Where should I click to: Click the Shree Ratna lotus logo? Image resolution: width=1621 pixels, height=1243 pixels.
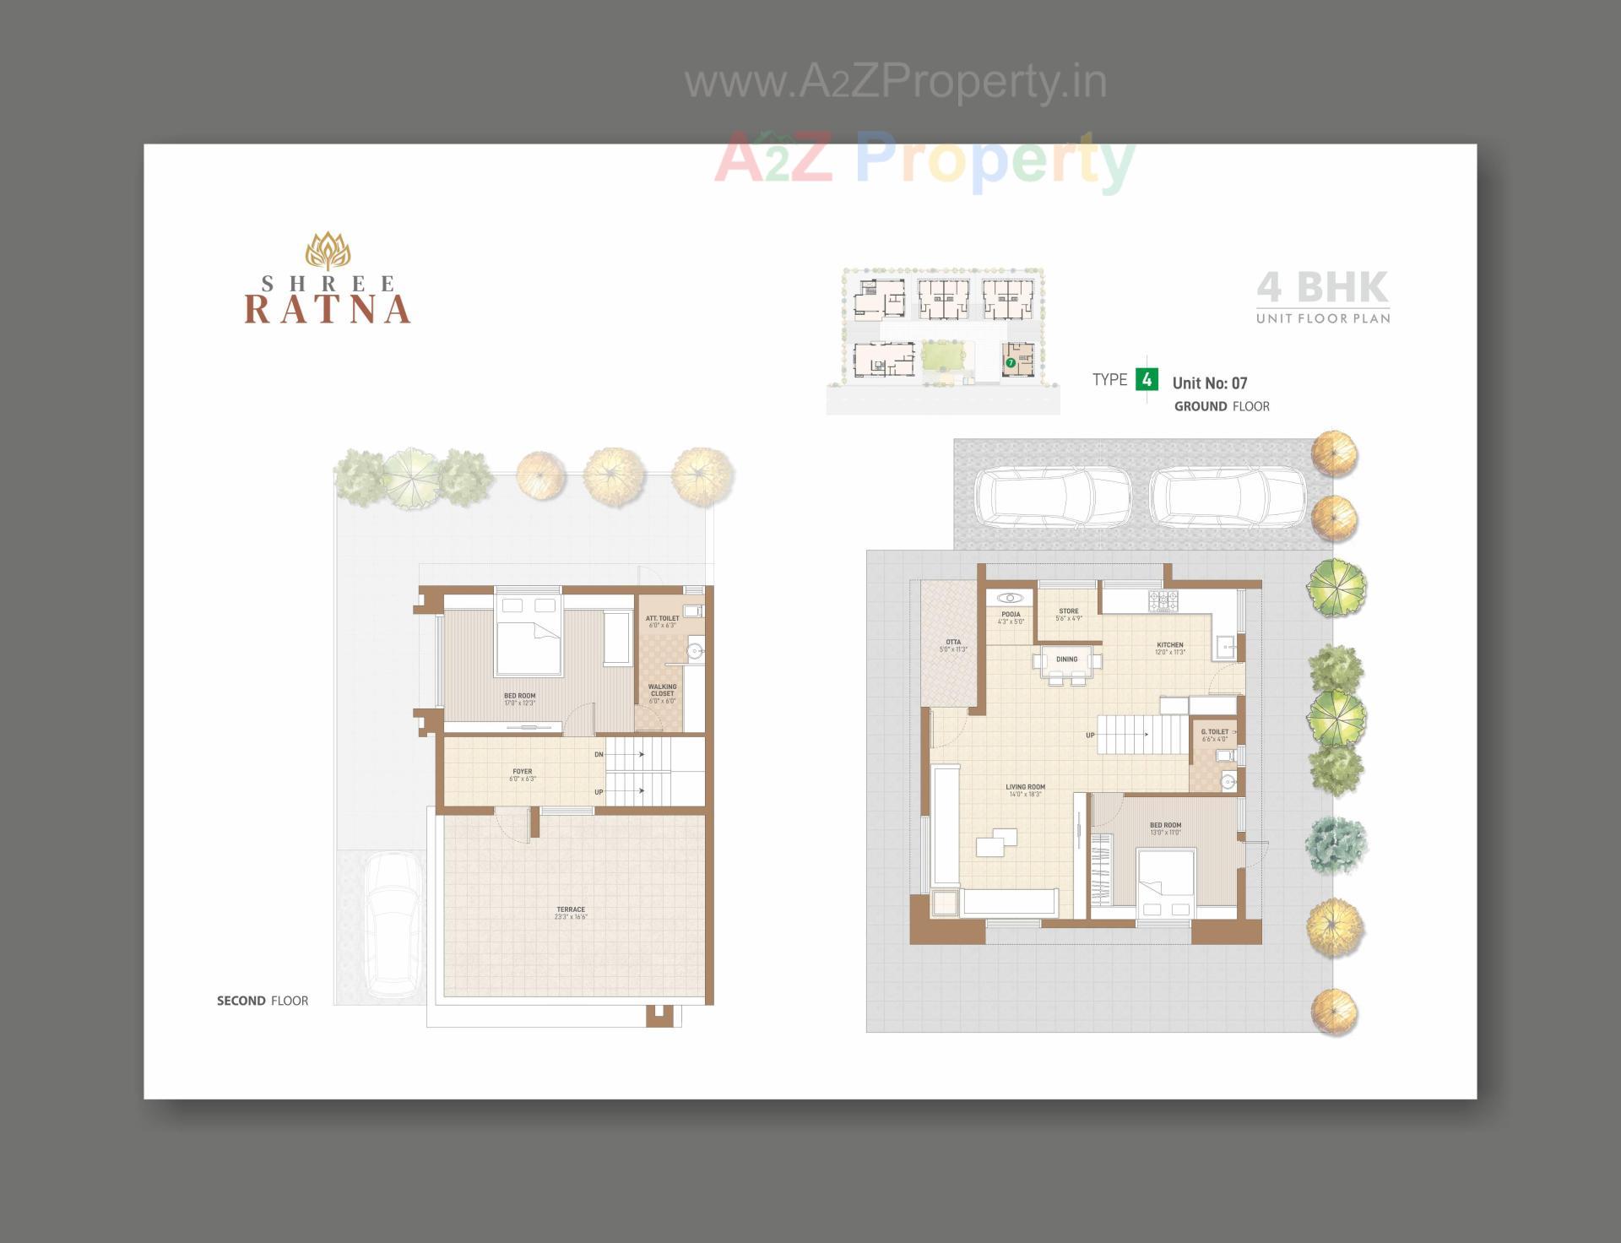328,251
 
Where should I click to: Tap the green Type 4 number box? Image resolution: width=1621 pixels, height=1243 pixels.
1146,380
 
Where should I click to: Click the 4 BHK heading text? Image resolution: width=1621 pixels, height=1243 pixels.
1322,287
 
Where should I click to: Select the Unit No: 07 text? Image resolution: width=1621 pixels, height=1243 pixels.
1209,383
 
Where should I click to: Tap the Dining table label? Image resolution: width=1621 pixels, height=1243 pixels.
1066,659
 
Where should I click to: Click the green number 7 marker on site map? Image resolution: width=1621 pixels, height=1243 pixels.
1010,362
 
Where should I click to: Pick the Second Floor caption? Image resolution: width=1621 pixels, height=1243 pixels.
263,1001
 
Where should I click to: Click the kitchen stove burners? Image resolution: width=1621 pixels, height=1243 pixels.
1162,600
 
